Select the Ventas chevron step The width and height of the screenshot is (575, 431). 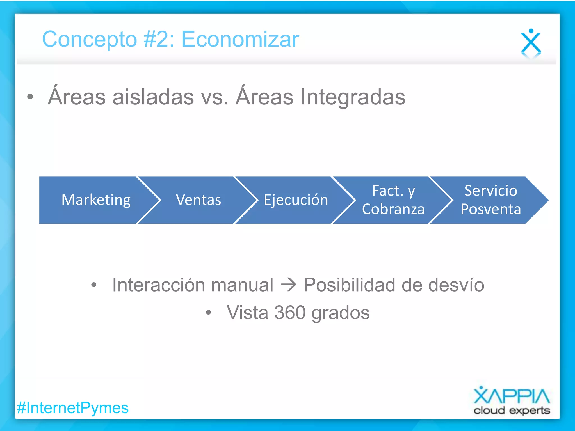198,200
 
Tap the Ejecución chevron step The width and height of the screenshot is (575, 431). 296,200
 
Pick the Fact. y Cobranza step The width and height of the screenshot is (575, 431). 393,200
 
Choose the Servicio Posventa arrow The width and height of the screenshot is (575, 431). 491,200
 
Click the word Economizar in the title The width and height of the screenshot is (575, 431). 240,39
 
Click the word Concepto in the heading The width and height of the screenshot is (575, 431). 89,39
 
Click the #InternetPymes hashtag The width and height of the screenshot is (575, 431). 73,408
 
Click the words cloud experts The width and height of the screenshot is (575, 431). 512,411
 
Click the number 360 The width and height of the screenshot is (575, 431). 290,313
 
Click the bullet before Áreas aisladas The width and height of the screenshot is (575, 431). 30,97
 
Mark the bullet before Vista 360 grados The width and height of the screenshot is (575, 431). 208,313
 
